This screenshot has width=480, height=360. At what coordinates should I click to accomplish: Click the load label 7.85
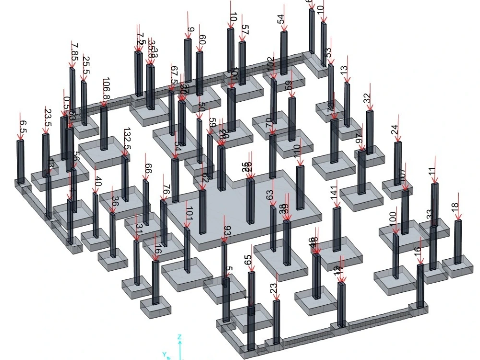(x=74, y=49)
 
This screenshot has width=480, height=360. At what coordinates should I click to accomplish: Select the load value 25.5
(x=86, y=62)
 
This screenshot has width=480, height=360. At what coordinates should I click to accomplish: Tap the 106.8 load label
(x=106, y=88)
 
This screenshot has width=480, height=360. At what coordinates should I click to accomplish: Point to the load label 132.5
(x=127, y=138)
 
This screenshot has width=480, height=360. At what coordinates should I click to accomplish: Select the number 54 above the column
(x=281, y=20)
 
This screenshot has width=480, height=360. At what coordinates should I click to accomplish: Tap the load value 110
(x=297, y=152)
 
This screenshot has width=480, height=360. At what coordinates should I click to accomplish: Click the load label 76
(x=166, y=191)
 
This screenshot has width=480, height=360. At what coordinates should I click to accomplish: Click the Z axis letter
(x=179, y=336)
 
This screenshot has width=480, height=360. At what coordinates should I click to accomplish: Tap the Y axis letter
(x=164, y=354)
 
